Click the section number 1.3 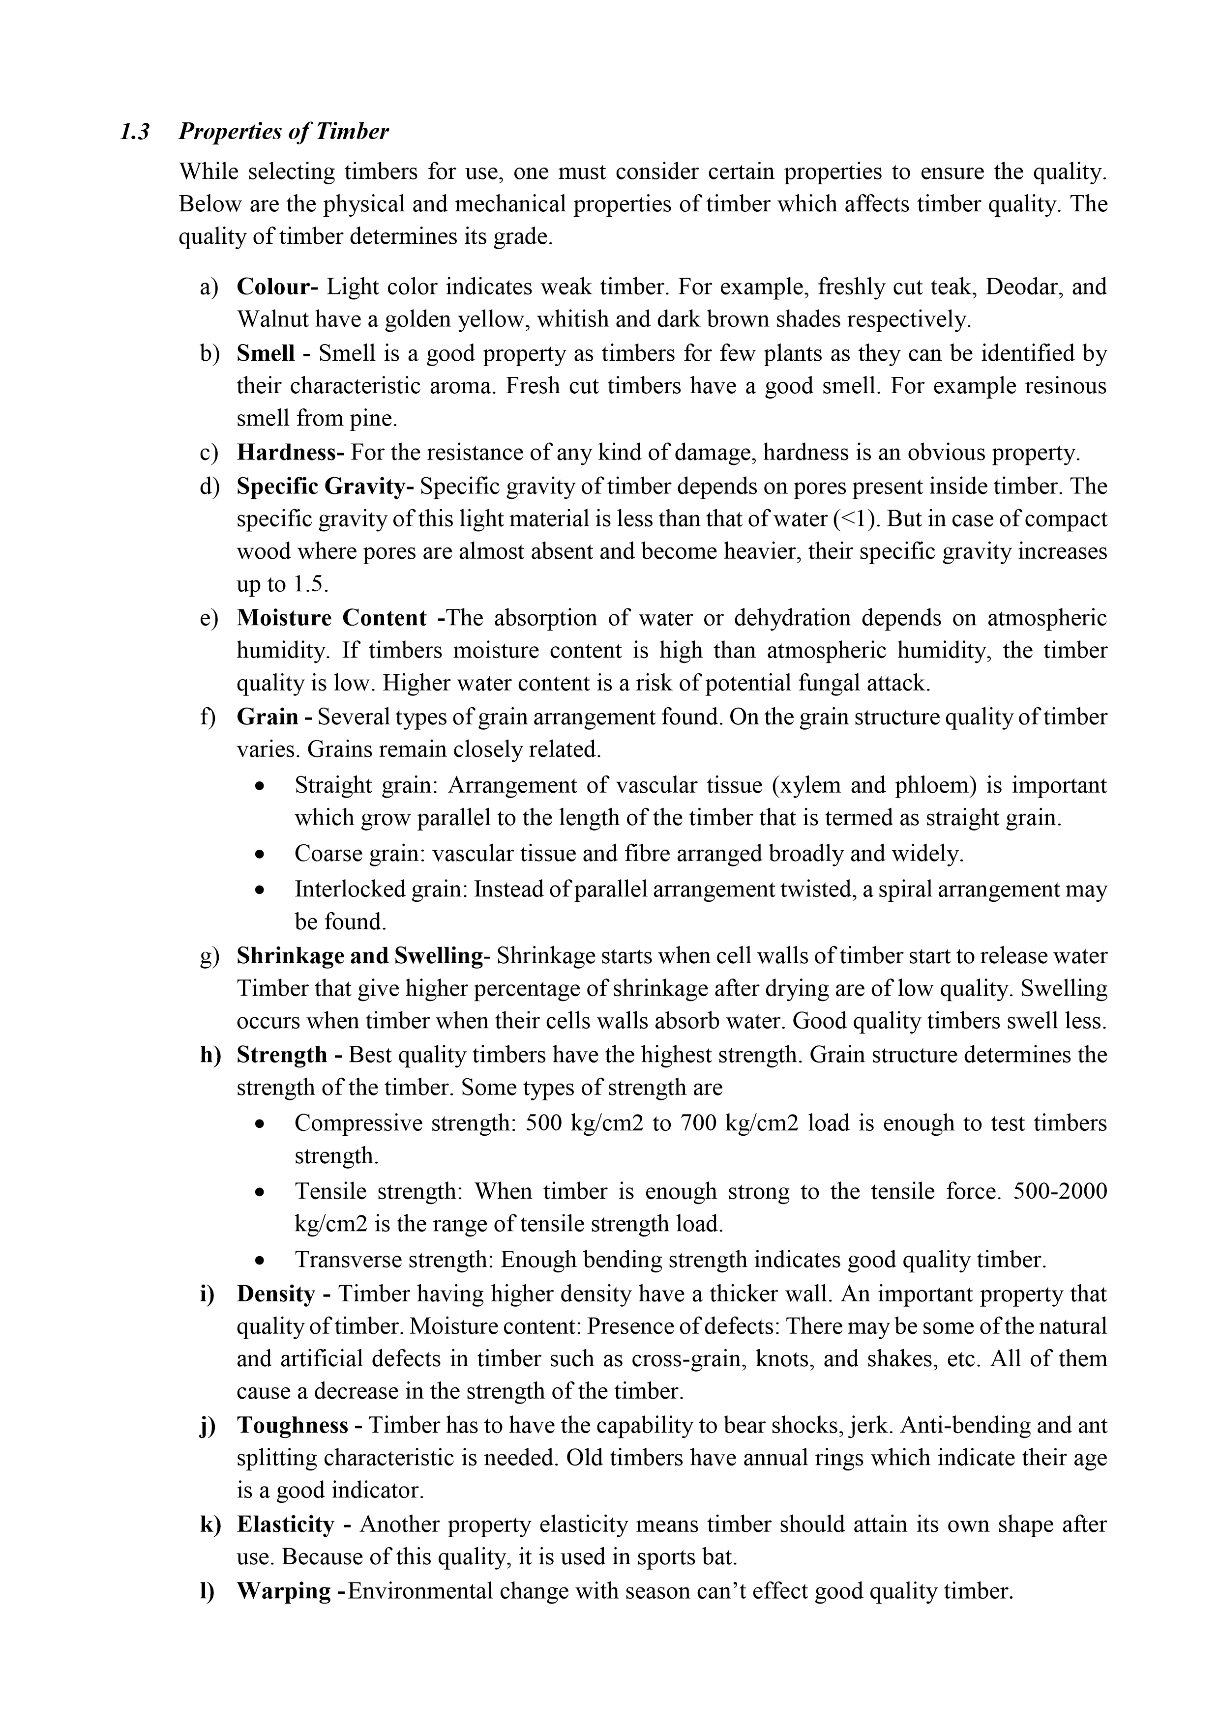point(134,132)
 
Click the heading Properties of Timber point(283,132)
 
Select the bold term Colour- point(277,287)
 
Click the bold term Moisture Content point(331,618)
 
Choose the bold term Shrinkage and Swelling point(359,956)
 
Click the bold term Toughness point(292,1425)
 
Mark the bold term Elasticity point(285,1524)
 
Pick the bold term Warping point(283,1591)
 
